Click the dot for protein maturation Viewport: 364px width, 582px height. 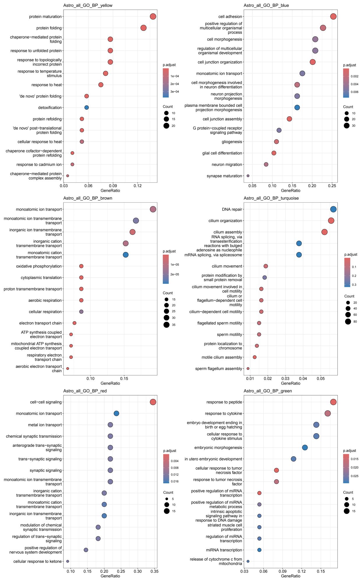(x=153, y=17)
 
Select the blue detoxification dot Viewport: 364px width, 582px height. (x=86, y=107)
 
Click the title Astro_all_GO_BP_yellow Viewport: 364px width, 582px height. (x=88, y=5)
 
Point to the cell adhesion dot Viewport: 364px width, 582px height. (x=333, y=17)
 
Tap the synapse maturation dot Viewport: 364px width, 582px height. (x=248, y=176)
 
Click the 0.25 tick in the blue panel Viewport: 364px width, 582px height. (x=332, y=186)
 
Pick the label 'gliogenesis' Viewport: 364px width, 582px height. (x=232, y=142)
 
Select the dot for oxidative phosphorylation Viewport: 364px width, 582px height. (x=81, y=266)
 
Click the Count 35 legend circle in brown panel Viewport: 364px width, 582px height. (x=166, y=325)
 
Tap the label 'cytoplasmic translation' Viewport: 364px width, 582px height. (x=41, y=278)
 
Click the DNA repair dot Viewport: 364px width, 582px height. (x=333, y=209)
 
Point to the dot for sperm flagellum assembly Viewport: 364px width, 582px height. (x=248, y=368)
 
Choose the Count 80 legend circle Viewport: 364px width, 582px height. (x=348, y=322)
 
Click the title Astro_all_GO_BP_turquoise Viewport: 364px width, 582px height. (x=271, y=198)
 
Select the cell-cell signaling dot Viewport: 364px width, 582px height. (x=153, y=402)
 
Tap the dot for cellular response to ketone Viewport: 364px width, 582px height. (x=68, y=561)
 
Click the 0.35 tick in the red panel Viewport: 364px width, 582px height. (x=154, y=571)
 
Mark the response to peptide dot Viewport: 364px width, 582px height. (x=333, y=402)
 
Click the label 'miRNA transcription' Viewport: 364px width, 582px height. (x=224, y=550)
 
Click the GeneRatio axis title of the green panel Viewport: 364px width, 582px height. (x=290, y=576)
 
